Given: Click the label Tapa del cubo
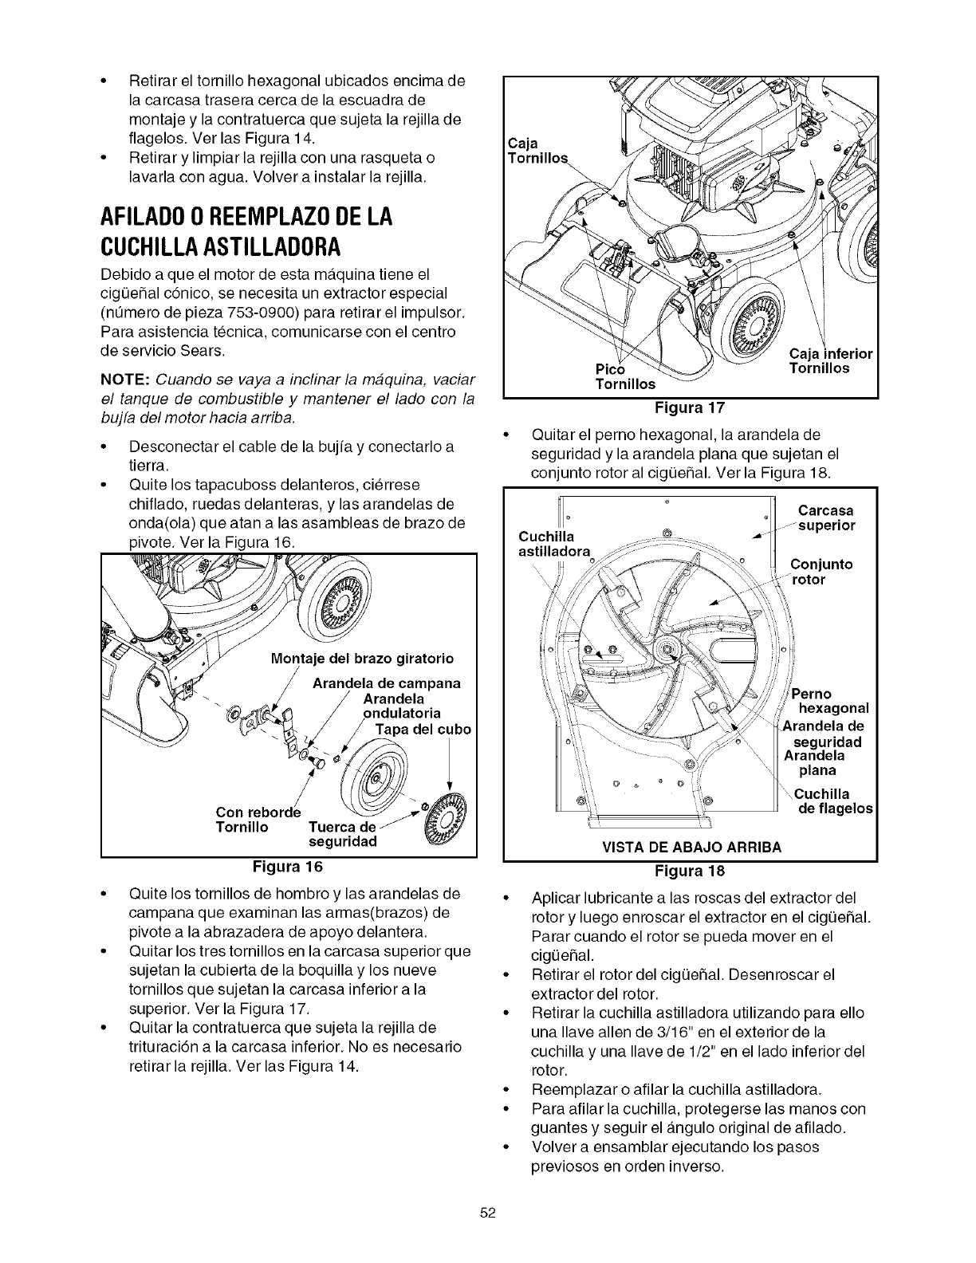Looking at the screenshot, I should [423, 730].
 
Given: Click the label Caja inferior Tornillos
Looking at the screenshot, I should [829, 361].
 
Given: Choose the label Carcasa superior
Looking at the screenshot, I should [825, 518].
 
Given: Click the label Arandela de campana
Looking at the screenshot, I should [374, 683].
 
